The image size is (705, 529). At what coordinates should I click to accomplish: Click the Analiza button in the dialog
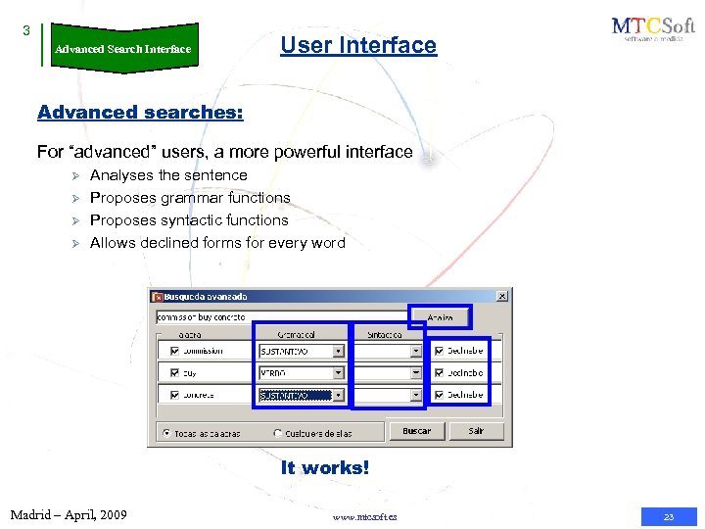pyautogui.click(x=439, y=316)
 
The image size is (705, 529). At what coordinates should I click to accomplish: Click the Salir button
pyautogui.click(x=476, y=431)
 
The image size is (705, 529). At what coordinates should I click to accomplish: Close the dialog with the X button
pyautogui.click(x=502, y=296)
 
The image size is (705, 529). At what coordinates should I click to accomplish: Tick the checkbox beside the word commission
pyautogui.click(x=175, y=351)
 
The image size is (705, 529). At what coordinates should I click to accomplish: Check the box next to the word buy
pyautogui.click(x=175, y=373)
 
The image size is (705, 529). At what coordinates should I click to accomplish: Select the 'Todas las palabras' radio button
pyautogui.click(x=166, y=433)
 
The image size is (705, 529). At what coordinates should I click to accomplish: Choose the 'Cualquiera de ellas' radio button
pyautogui.click(x=278, y=433)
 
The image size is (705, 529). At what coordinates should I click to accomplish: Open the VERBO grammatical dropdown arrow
pyautogui.click(x=339, y=373)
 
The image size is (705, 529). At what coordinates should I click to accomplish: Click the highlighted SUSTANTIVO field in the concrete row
pyautogui.click(x=295, y=396)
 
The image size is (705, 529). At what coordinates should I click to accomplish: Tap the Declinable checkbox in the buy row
pyautogui.click(x=439, y=373)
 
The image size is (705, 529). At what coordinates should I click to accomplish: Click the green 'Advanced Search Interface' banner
pyautogui.click(x=123, y=48)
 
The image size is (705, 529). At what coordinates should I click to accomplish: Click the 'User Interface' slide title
pyautogui.click(x=358, y=45)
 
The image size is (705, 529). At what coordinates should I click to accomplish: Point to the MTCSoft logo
pyautogui.click(x=651, y=29)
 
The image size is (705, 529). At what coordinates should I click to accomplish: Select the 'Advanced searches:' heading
pyautogui.click(x=140, y=112)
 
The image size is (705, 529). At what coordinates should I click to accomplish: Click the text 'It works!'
pyautogui.click(x=325, y=468)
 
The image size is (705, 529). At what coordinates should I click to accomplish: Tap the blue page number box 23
pyautogui.click(x=669, y=516)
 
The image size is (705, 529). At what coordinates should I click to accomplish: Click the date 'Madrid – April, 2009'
pyautogui.click(x=69, y=514)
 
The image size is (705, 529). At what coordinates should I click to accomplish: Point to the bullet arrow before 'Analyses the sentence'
pyautogui.click(x=68, y=175)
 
